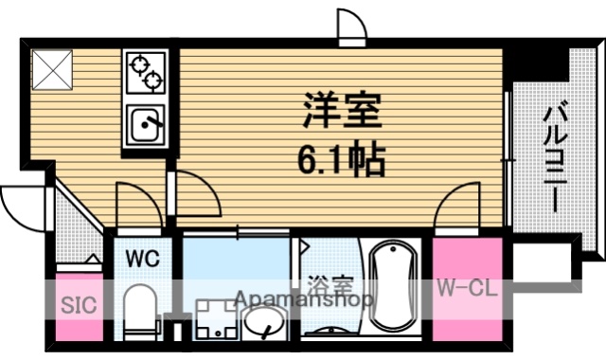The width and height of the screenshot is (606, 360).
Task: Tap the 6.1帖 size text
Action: [342, 159]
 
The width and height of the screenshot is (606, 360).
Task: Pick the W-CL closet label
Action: [466, 289]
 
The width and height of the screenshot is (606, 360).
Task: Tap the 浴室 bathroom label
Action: [330, 283]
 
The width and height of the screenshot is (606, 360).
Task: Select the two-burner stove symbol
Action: [144, 74]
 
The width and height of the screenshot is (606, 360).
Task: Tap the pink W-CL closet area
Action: [466, 313]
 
